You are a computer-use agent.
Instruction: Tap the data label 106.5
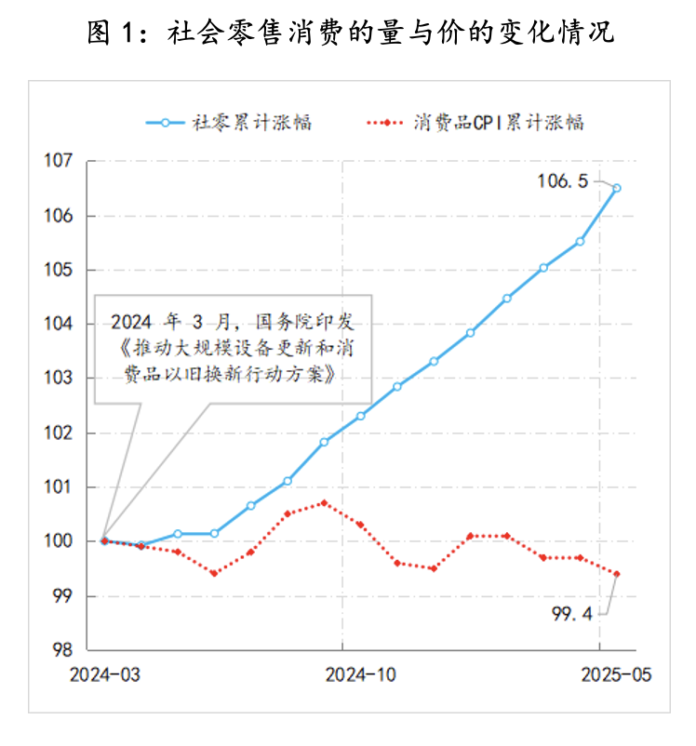click(x=562, y=181)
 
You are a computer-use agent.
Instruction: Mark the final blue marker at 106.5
click(x=616, y=188)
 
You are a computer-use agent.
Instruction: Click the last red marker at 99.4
click(x=616, y=574)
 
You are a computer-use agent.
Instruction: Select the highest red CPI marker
click(x=324, y=503)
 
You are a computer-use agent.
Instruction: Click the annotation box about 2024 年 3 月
click(x=234, y=349)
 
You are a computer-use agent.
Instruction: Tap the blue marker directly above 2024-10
click(x=360, y=416)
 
